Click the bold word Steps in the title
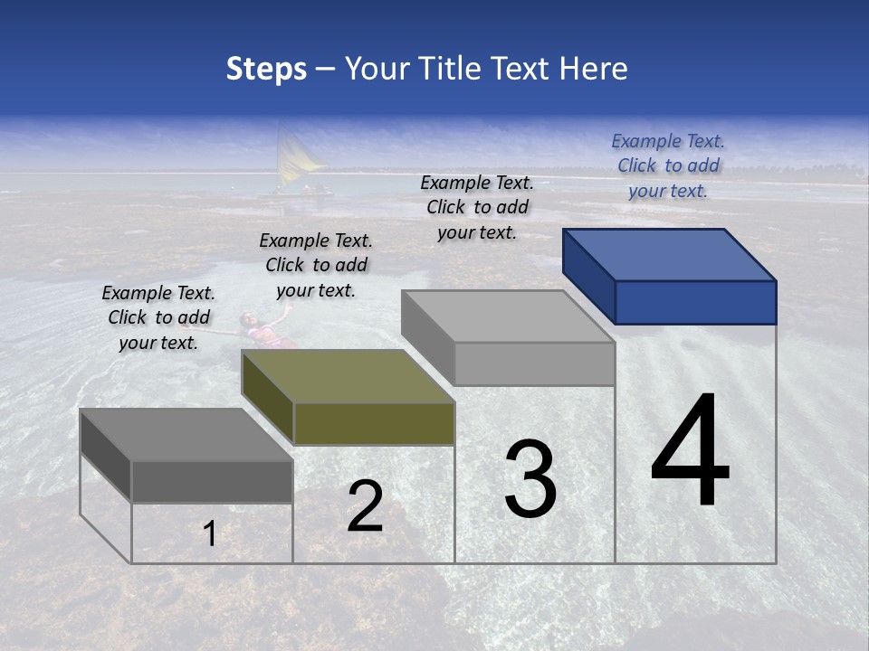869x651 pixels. click(266, 69)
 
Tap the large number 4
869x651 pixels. click(690, 452)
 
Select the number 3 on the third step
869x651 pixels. click(530, 479)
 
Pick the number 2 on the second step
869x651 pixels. click(365, 507)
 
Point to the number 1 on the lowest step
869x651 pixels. click(209, 534)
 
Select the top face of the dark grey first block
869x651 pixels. click(186, 434)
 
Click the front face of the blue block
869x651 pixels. click(695, 302)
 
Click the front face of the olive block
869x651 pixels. click(374, 423)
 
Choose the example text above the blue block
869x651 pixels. click(668, 165)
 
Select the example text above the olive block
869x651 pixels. click(316, 265)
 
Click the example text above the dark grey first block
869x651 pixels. click(158, 317)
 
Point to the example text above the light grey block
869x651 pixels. click(477, 207)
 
